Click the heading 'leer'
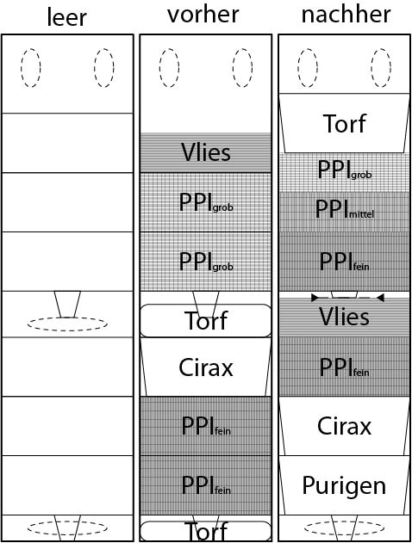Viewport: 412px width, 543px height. point(66,17)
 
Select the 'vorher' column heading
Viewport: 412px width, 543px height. point(203,14)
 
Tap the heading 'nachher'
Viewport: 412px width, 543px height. point(346,14)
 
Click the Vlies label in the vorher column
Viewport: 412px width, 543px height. point(206,152)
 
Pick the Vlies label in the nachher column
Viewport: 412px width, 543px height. point(344,317)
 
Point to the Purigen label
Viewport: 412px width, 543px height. point(344,486)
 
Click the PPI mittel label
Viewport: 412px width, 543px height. point(345,209)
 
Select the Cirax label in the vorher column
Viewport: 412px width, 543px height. point(206,367)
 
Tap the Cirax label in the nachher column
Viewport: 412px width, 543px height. point(344,426)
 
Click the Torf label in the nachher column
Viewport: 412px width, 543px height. point(344,124)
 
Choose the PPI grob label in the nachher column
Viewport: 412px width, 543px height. point(345,170)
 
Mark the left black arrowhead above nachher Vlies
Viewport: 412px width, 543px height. point(315,298)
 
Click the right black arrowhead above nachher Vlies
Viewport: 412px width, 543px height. point(380,298)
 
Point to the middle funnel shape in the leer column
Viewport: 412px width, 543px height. point(67,304)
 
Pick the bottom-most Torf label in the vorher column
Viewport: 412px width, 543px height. point(207,531)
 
